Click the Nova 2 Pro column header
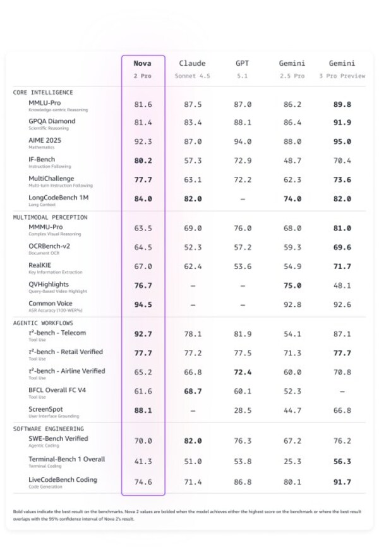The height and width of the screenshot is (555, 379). [x=143, y=69]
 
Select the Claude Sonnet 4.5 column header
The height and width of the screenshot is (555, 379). [x=193, y=69]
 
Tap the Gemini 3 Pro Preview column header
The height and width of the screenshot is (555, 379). [x=342, y=69]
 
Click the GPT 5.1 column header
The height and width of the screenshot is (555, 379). [x=243, y=69]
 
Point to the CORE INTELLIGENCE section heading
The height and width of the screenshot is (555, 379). [x=43, y=93]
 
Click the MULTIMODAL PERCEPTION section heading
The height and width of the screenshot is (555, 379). [x=51, y=217]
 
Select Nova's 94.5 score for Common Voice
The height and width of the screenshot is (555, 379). [x=143, y=304]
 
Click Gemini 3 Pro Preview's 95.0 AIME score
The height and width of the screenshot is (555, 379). [x=342, y=142]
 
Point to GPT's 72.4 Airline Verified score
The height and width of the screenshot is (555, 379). [x=243, y=373]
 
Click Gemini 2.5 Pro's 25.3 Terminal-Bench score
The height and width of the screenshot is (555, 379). [x=291, y=462]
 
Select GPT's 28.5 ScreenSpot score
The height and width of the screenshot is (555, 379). [x=243, y=410]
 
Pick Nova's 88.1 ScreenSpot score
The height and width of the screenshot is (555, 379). [x=143, y=410]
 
